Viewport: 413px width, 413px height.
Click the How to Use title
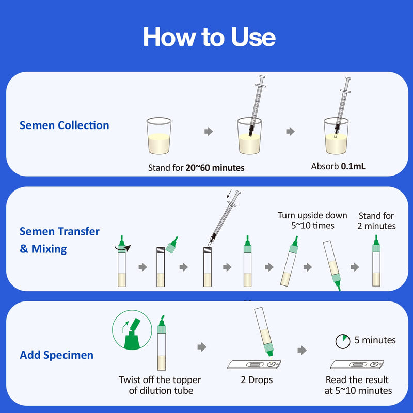tap(209, 37)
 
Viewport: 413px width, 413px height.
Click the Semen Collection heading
tap(64, 125)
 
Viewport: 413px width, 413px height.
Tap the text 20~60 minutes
tap(215, 168)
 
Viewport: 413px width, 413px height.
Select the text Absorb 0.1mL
tap(338, 167)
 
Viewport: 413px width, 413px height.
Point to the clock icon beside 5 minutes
tap(342, 341)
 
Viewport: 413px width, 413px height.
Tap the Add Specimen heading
tap(56, 355)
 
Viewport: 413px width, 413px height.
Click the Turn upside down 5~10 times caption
tap(306, 220)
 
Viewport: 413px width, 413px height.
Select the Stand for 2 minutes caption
tap(377, 221)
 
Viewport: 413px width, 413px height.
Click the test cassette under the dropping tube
tap(253, 365)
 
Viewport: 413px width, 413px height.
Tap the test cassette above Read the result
tap(357, 365)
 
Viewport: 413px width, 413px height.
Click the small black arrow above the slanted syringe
tap(230, 195)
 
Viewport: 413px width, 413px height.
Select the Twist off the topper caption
tap(161, 385)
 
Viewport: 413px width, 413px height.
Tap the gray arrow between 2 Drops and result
tap(302, 351)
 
